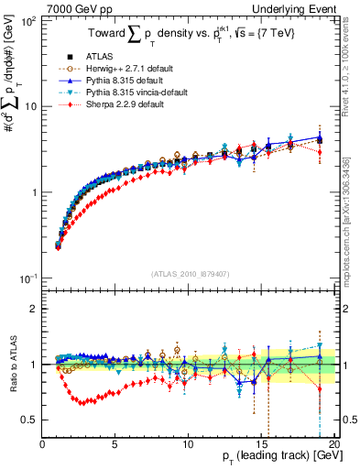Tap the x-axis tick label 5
tap(115, 443)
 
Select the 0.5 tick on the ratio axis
tap(28, 420)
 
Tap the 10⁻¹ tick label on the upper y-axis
tap(27, 278)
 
